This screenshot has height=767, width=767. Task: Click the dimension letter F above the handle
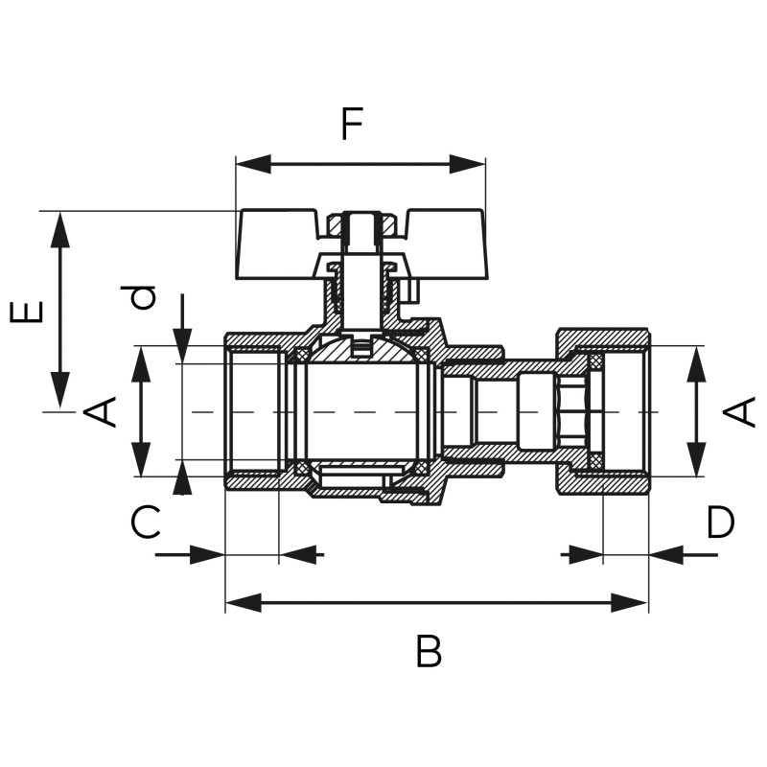352,124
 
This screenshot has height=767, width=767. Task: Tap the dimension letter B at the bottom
429,651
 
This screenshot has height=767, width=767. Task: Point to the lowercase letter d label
138,297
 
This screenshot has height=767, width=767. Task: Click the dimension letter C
146,522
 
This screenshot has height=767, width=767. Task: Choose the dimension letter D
720,522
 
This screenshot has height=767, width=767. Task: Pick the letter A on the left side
100,411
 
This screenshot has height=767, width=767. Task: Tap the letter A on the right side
738,411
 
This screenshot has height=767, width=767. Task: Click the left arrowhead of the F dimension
253,164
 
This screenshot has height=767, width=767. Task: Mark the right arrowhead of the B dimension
630,603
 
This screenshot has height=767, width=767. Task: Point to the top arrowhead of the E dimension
60,230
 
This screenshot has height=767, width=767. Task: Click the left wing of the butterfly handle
276,244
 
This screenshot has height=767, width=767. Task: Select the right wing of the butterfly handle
446,244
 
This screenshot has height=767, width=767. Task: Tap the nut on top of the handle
361,224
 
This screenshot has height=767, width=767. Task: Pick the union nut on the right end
604,413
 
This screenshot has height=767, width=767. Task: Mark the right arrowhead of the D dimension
666,555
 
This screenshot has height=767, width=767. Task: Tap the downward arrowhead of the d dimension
182,346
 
